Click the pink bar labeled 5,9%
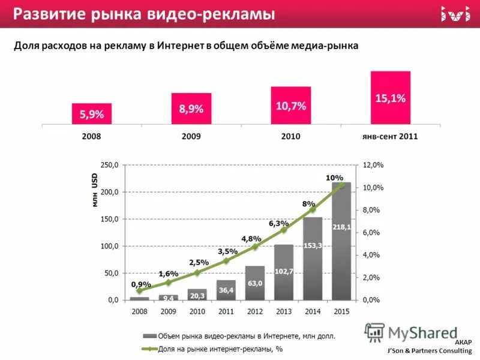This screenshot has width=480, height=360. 92,114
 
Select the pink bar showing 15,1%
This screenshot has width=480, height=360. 390,98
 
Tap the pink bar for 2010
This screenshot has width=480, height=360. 290,106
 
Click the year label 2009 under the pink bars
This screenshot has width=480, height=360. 191,136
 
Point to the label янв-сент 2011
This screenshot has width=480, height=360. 390,136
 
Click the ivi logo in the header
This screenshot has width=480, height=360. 455,13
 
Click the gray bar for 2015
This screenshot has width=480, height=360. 341,240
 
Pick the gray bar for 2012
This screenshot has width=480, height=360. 254,283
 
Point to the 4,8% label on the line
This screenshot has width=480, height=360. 251,238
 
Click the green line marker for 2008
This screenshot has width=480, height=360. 139,290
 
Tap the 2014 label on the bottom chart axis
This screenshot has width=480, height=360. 313,311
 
